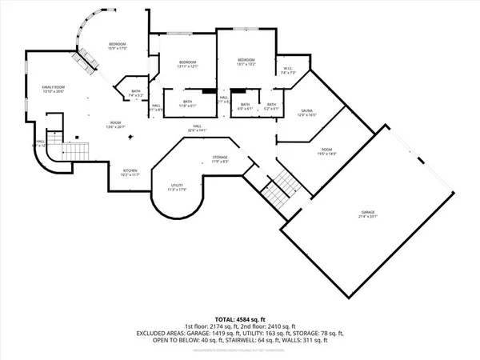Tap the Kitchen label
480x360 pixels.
click(128, 172)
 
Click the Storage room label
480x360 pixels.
click(221, 159)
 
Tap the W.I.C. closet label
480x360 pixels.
click(289, 70)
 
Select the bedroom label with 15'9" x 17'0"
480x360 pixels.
click(118, 46)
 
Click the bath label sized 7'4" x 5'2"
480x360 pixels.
click(134, 94)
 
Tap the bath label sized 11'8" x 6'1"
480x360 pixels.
click(188, 103)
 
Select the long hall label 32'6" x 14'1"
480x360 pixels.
click(197, 128)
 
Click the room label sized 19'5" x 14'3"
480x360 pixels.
click(326, 151)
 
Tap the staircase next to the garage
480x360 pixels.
click(278, 189)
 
